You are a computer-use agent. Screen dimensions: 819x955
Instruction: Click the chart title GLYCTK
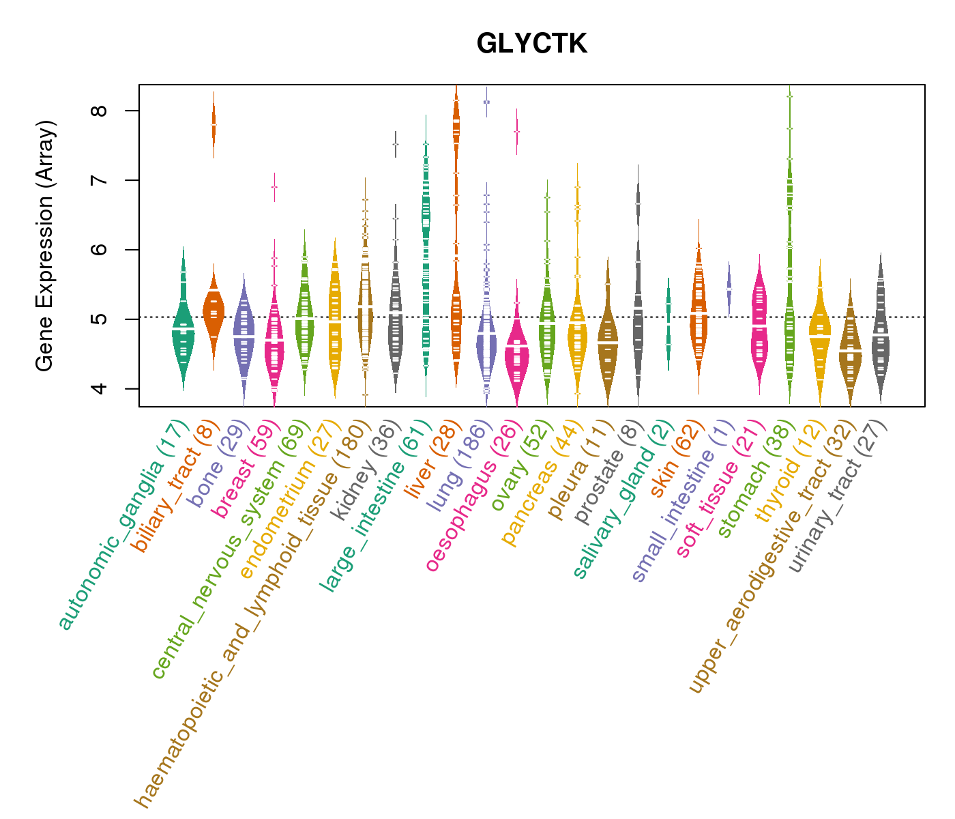[531, 44]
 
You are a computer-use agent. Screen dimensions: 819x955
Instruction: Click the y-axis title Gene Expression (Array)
[45, 246]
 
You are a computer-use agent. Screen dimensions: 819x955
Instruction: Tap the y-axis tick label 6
[103, 250]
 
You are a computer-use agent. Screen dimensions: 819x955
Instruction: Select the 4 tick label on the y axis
[103, 388]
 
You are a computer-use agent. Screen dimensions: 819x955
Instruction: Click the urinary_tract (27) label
[836, 498]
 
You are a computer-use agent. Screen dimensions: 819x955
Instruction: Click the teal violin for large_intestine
[426, 273]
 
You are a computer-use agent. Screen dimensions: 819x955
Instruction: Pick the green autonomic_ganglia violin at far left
[183, 328]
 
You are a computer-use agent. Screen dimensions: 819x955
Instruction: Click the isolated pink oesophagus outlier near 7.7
[516, 131]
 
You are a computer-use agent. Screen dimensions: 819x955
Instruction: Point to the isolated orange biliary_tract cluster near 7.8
[214, 125]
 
